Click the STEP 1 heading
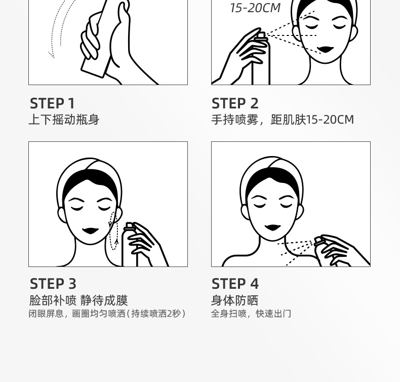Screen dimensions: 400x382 pyautogui.click(x=52, y=103)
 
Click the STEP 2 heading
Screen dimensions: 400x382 pyautogui.click(x=235, y=103)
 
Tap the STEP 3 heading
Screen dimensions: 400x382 pyautogui.click(x=53, y=284)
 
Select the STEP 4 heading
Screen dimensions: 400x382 pyautogui.click(x=235, y=284)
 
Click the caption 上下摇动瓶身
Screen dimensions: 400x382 pyautogui.click(x=64, y=120)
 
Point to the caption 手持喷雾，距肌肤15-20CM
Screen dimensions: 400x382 pyautogui.click(x=283, y=120)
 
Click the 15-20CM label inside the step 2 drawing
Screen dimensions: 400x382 pyautogui.click(x=255, y=8)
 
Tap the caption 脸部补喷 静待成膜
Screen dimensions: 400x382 pyautogui.click(x=78, y=300)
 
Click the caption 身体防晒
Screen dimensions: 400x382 pyautogui.click(x=235, y=300)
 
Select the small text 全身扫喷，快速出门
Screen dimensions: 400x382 pyautogui.click(x=251, y=314)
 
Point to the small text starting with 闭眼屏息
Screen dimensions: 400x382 pyautogui.click(x=107, y=314)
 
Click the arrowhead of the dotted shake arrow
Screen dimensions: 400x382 pyautogui.click(x=51, y=55)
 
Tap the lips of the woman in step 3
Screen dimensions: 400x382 pyautogui.click(x=90, y=231)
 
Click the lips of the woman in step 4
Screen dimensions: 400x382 pyautogui.click(x=272, y=227)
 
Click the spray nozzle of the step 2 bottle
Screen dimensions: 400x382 pyautogui.click(x=261, y=35)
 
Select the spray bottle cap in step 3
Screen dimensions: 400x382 pyautogui.click(x=129, y=225)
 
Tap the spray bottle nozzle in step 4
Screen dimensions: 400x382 pyautogui.click(x=319, y=241)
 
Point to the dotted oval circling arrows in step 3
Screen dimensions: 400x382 pyautogui.click(x=113, y=231)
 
